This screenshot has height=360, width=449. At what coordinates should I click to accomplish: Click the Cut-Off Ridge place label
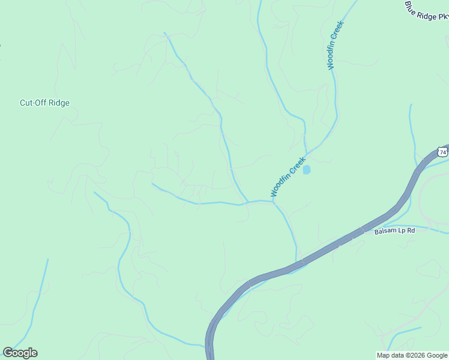click(x=44, y=103)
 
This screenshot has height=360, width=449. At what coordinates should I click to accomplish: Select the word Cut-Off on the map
click(x=33, y=103)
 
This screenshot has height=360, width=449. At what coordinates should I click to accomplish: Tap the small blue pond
click(x=307, y=170)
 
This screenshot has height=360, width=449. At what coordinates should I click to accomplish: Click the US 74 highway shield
click(x=442, y=152)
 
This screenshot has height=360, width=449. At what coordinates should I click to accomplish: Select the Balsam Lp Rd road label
click(x=394, y=230)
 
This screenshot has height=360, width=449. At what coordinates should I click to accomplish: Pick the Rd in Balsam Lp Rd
click(x=411, y=230)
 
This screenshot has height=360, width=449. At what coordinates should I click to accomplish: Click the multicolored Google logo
click(x=20, y=353)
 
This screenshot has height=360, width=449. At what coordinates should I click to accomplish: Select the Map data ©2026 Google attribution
click(x=412, y=355)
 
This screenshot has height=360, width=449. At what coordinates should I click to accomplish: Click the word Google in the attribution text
click(x=437, y=355)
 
